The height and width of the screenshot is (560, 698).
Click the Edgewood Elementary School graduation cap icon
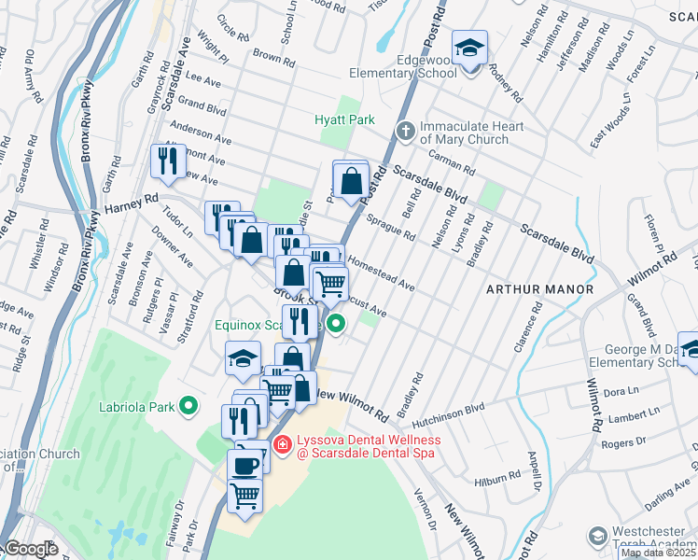coord(470,47)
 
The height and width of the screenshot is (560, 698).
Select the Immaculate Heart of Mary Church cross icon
coord(406,132)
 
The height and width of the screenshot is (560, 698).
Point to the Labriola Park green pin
coord(188,406)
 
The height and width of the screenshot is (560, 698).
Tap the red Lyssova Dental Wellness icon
coord(283,445)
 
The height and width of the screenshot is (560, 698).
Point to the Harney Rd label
coord(132,202)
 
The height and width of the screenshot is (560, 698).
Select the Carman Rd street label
coord(453,165)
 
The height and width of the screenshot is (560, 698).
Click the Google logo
coord(31,549)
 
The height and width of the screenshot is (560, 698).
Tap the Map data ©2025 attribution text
coord(658,553)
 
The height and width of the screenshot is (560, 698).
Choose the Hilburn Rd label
coord(496,478)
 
